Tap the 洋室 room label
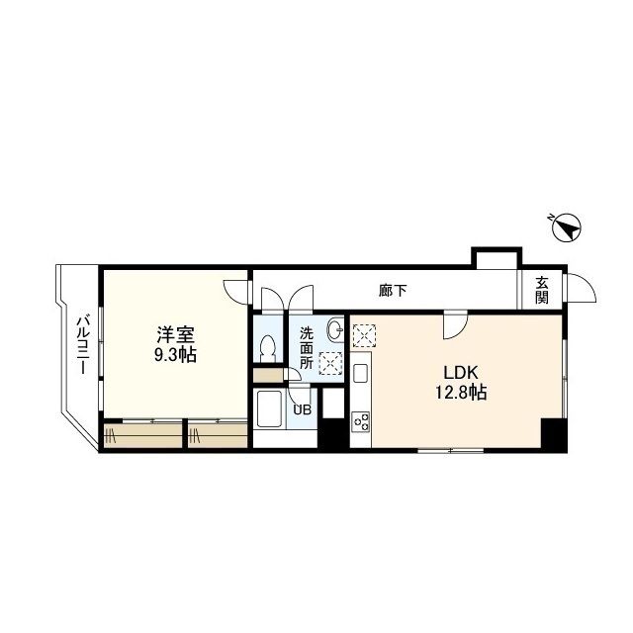174,334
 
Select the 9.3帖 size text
174,355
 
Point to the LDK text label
460,372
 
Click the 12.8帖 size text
461,393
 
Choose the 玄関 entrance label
542,290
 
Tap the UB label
301,408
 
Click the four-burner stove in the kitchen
361,423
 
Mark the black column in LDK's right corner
552,434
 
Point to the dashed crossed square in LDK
364,336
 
